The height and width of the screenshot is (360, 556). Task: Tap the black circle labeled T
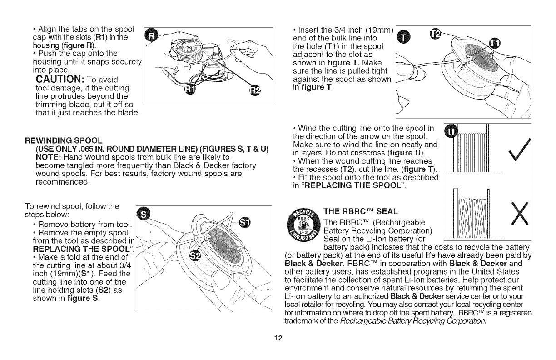[x=403, y=38]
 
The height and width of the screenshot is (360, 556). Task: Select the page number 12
[x=278, y=338]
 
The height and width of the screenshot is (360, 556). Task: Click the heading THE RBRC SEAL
[x=360, y=212]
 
